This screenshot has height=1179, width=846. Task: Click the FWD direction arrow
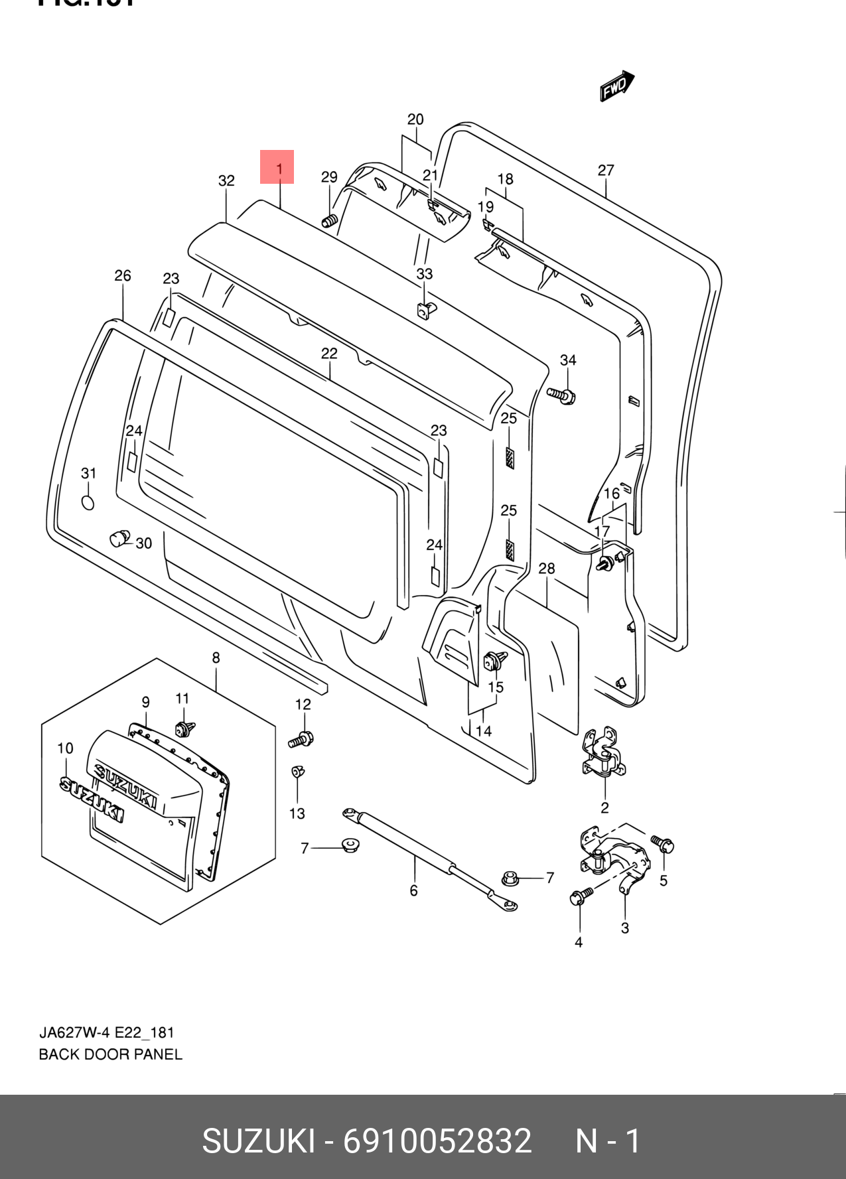[x=616, y=86]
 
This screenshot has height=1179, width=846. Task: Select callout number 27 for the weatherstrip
[x=605, y=171]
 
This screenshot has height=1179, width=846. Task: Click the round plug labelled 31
[x=88, y=503]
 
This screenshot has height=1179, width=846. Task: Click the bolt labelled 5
[x=663, y=845]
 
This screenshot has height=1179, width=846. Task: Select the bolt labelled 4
[x=578, y=897]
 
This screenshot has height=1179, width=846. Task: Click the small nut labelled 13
[x=297, y=772]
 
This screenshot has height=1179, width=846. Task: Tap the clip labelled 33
[x=425, y=309]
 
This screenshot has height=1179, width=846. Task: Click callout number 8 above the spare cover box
[x=216, y=658]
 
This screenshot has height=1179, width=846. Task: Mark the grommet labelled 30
[x=119, y=538]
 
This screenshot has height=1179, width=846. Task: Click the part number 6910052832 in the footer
[x=437, y=1141]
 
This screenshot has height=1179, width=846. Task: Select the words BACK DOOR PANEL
[x=110, y=1054]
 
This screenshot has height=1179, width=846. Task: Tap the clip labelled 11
[x=184, y=728]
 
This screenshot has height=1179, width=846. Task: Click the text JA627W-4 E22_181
[x=106, y=1033]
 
